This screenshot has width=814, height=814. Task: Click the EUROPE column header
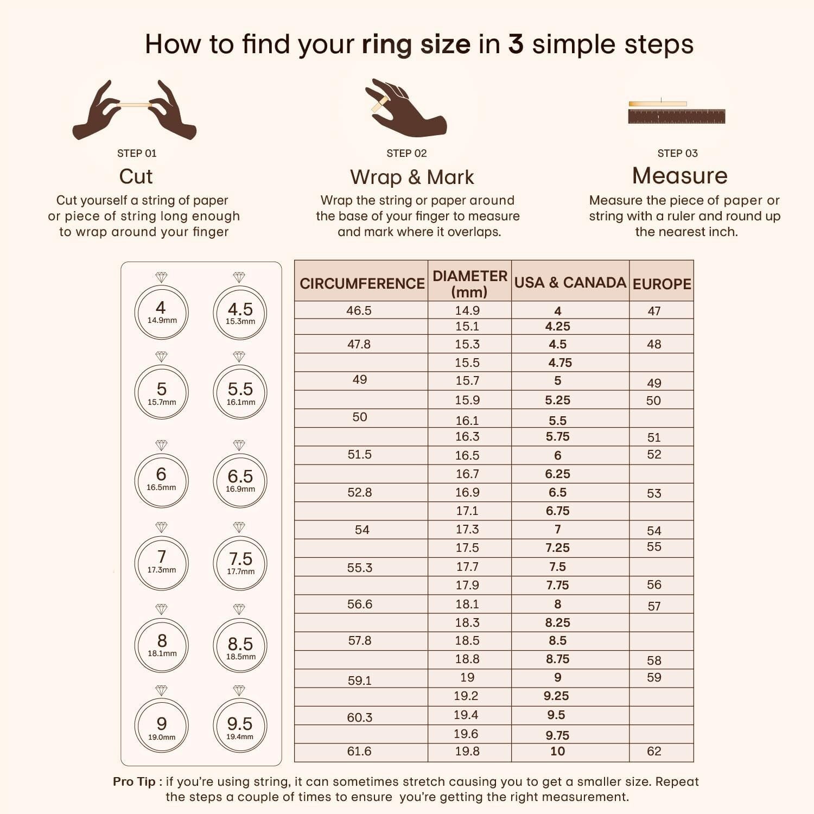click(x=662, y=284)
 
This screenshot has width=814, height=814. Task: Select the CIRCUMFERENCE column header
click(x=362, y=283)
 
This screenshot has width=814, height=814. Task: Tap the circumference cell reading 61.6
click(x=359, y=751)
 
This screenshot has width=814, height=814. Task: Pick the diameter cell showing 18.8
click(x=467, y=659)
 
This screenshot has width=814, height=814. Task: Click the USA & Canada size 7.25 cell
click(x=557, y=548)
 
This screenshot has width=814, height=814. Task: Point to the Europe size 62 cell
click(x=654, y=751)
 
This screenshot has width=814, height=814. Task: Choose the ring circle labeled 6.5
click(x=240, y=481)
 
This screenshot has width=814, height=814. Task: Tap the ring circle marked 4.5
click(x=240, y=313)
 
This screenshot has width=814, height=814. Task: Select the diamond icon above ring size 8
click(x=161, y=609)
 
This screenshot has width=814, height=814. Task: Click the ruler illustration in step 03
click(x=676, y=116)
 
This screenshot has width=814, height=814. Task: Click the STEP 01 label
click(x=137, y=154)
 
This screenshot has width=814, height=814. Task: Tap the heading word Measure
click(x=679, y=176)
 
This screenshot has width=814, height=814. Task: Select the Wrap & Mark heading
click(x=412, y=177)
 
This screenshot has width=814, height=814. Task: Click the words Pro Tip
click(x=134, y=781)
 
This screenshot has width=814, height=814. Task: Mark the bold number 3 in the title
click(x=516, y=44)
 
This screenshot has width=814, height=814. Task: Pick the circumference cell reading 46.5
click(x=359, y=310)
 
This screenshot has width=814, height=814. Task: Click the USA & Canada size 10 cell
click(x=557, y=751)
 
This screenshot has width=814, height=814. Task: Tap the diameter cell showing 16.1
click(x=467, y=421)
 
